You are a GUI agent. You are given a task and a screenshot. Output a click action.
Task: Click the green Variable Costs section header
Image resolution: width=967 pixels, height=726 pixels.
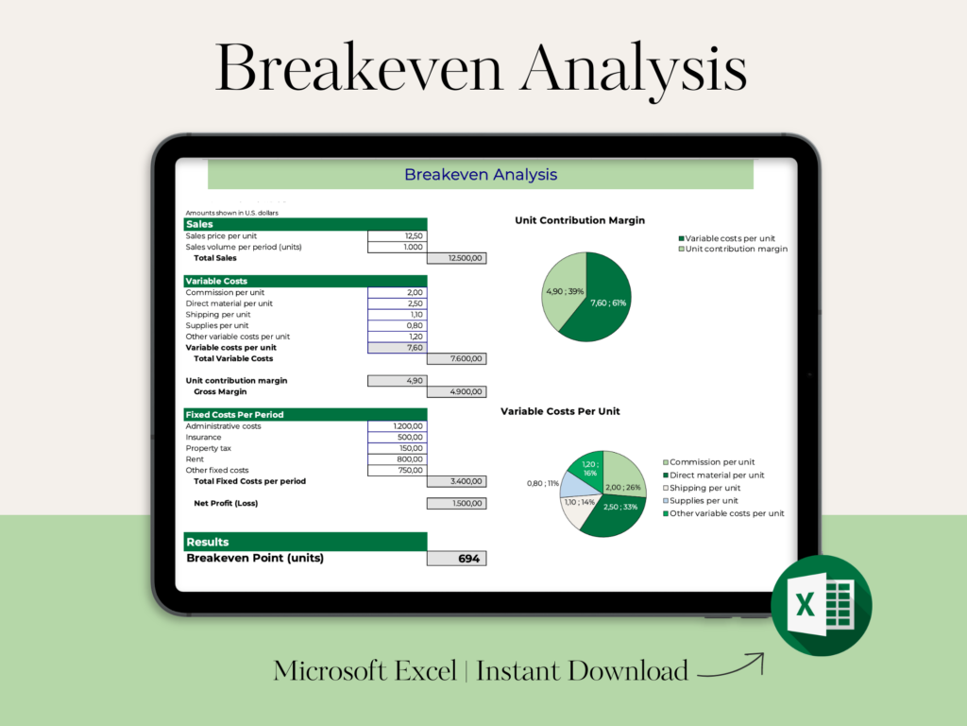(305, 281)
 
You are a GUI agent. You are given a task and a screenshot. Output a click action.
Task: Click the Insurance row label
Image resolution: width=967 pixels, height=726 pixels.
(204, 437)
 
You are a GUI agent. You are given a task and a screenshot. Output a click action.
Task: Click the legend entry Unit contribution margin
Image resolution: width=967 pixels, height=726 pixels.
(733, 249)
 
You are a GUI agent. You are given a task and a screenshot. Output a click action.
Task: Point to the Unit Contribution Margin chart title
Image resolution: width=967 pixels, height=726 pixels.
(580, 220)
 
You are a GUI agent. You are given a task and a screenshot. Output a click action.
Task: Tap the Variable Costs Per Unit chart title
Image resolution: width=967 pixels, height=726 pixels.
(560, 411)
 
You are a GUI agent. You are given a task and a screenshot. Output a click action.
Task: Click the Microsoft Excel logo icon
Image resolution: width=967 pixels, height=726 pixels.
(822, 605)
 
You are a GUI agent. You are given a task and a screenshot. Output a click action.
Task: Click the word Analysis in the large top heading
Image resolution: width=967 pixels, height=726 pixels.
(634, 69)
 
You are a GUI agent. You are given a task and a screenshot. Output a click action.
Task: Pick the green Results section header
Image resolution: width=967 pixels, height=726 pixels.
(305, 542)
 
